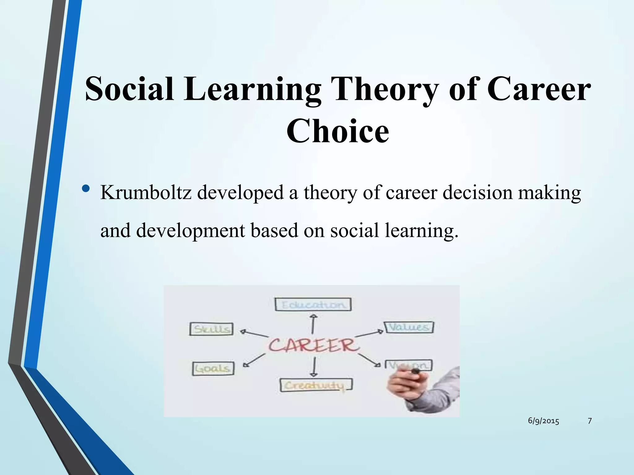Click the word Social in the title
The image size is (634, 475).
(129, 90)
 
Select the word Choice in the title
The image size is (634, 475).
(337, 132)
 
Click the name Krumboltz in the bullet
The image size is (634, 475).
(146, 192)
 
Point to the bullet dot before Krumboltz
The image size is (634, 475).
(86, 188)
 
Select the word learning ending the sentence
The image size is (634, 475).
(420, 231)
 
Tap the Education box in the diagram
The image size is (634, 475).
(313, 305)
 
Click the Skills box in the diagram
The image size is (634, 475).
(211, 329)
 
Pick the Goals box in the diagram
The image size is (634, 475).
(213, 369)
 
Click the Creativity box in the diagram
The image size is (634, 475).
(316, 385)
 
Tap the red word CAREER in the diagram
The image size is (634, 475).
(313, 345)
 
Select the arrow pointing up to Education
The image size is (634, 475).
(313, 324)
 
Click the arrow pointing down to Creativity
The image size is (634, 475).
(314, 367)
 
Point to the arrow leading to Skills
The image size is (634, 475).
(254, 333)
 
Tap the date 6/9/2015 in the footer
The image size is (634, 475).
(543, 421)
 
